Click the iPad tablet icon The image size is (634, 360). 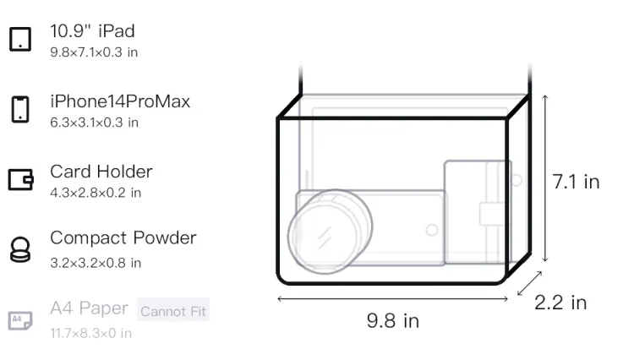click(20, 39)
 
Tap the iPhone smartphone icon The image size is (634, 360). click(20, 109)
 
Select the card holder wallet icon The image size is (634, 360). click(20, 179)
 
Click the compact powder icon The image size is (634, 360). click(19, 249)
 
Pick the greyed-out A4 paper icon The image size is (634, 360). click(20, 320)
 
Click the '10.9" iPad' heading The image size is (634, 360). click(92, 31)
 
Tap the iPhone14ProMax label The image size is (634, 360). click(120, 101)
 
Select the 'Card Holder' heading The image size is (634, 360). click(101, 172)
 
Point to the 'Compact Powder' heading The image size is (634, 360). click(123, 238)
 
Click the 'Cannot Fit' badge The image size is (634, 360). click(173, 310)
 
